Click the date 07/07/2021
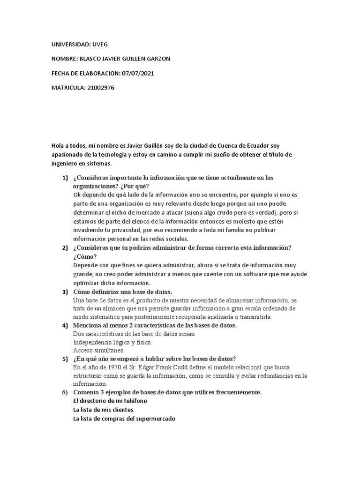(x=137, y=73)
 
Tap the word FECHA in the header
(x=61, y=73)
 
